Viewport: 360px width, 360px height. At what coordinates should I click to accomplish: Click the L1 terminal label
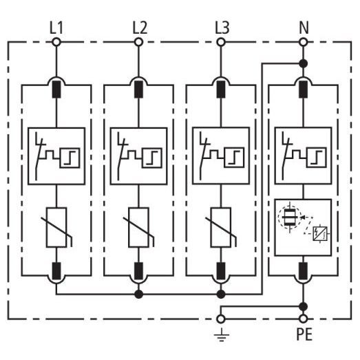coord(56,28)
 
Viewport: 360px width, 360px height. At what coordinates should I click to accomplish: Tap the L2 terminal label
coord(140,28)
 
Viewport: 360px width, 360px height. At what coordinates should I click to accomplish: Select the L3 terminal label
coord(222,28)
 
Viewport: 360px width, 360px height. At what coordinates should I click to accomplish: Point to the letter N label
coord(304,28)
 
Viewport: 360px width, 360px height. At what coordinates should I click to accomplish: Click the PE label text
coord(304,334)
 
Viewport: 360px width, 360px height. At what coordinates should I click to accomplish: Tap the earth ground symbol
coord(222,335)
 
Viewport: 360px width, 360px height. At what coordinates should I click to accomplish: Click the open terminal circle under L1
coord(56,42)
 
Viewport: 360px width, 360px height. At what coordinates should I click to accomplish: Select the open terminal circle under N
coord(304,42)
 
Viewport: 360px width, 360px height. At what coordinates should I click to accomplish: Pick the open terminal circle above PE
coord(304,319)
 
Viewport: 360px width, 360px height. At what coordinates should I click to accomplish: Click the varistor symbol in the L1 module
coord(56,228)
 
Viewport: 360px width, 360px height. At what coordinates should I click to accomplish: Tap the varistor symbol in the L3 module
coord(221,228)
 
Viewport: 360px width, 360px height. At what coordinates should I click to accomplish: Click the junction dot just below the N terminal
coord(304,63)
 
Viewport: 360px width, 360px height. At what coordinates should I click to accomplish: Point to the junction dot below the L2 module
coord(138,294)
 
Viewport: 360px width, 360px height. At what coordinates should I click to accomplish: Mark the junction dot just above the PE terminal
coord(304,306)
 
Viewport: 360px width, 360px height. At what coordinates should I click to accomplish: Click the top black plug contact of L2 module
coord(138,89)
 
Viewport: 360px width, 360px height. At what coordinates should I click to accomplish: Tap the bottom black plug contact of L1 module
coord(56,271)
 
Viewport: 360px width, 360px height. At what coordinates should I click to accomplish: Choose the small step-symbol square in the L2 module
coord(151,158)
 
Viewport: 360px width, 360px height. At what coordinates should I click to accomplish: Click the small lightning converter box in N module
coord(320,234)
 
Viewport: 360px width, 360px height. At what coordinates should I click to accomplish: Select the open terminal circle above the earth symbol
coord(221,319)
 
